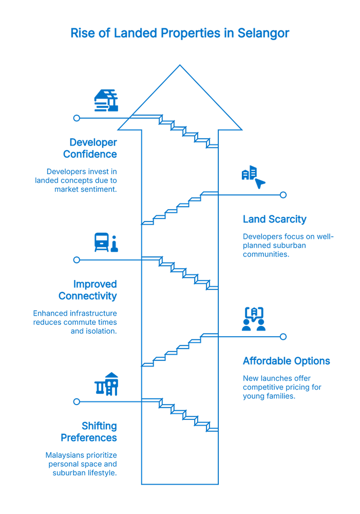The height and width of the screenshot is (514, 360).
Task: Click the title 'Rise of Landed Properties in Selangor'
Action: pyautogui.click(x=180, y=33)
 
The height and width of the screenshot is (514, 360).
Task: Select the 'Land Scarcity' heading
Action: pyautogui.click(x=275, y=219)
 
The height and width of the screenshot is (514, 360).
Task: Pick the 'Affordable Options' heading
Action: pyautogui.click(x=286, y=361)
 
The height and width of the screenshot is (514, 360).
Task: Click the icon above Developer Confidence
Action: pyautogui.click(x=105, y=100)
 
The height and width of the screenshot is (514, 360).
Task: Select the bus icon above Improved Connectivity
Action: pyautogui.click(x=105, y=242)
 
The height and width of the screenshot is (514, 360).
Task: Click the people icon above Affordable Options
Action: pyautogui.click(x=255, y=319)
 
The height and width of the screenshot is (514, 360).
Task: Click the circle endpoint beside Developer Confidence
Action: pyautogui.click(x=77, y=118)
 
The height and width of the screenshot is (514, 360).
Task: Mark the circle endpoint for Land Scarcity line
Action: pyautogui.click(x=283, y=195)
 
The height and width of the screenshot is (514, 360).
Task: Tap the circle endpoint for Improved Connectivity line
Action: pyautogui.click(x=77, y=260)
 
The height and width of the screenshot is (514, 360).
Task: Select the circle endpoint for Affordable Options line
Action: pyautogui.click(x=283, y=337)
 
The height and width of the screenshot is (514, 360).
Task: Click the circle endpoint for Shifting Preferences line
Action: pyautogui.click(x=77, y=401)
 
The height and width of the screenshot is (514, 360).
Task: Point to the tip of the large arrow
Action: pyautogui.click(x=180, y=66)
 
